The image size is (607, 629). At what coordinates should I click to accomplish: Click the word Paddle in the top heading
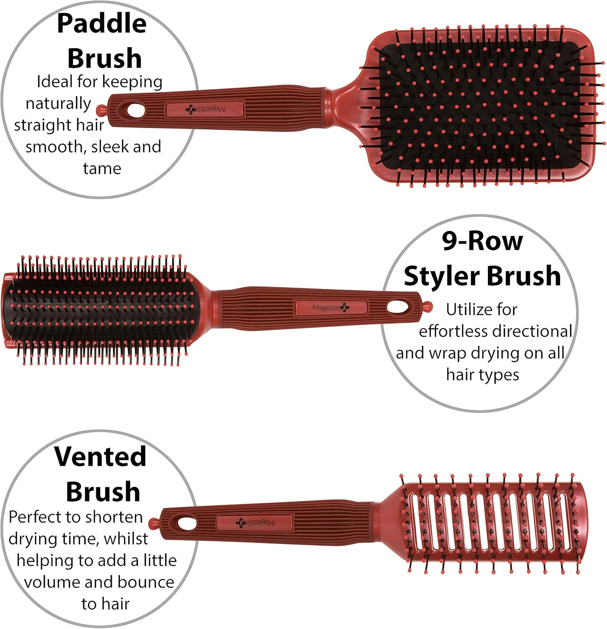[101, 24]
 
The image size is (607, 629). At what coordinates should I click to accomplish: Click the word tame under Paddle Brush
[102, 169]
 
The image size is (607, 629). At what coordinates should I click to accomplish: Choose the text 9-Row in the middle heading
[482, 241]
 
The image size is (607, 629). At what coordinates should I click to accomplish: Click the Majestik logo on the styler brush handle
[330, 308]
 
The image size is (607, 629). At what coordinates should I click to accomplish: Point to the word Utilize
[469, 309]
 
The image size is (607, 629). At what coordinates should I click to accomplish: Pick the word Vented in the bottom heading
[100, 457]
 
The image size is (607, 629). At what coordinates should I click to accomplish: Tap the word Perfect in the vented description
[34, 517]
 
